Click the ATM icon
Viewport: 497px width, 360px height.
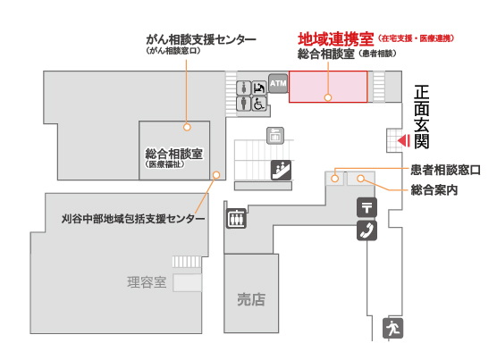278,84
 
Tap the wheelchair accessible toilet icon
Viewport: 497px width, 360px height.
259,104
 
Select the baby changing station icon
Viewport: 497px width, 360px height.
259,88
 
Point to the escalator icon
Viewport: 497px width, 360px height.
281,170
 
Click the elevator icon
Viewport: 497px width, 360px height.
236,219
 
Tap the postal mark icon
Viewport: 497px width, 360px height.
366,208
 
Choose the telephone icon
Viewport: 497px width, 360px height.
366,230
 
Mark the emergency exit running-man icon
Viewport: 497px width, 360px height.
392,328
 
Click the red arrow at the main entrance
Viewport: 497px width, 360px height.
404,140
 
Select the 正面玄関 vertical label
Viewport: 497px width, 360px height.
422,117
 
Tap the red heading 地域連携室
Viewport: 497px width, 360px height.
336,39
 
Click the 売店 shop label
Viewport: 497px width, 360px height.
251,299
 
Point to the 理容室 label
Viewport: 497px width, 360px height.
147,282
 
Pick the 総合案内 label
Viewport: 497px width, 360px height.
434,190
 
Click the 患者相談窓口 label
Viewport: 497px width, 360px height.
446,170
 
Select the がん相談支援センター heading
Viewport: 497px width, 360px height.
201,40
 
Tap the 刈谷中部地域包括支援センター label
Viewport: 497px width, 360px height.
133,219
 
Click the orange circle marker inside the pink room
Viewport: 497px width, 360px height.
328,97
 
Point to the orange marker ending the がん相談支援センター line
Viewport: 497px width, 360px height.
187,127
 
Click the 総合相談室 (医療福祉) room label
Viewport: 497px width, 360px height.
173,157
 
